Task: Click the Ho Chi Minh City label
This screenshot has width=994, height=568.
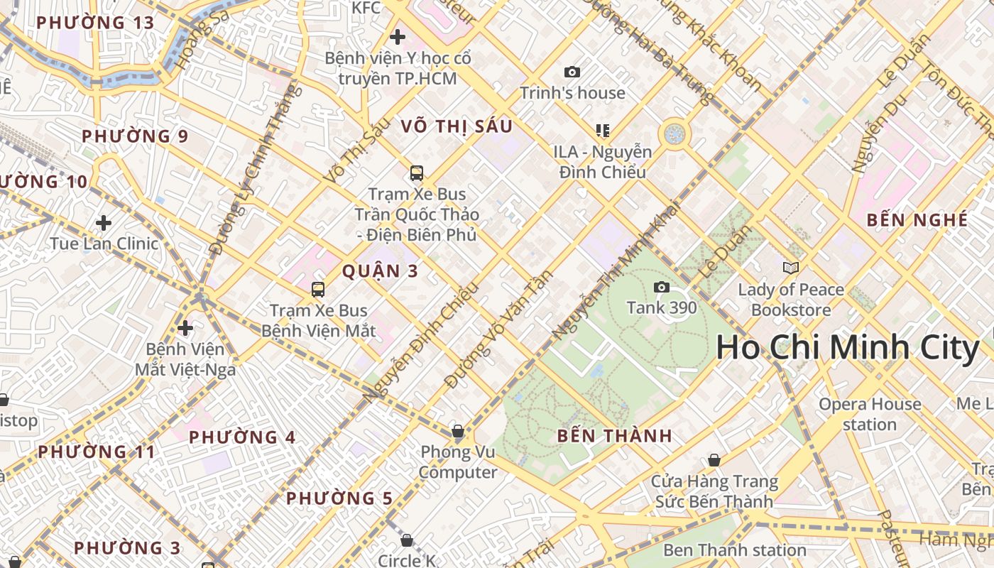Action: [x=847, y=349]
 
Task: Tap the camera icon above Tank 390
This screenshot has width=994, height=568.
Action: [x=662, y=287]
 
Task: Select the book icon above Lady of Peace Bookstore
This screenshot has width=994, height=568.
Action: [x=790, y=268]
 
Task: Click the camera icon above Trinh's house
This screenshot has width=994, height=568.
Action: [x=572, y=72]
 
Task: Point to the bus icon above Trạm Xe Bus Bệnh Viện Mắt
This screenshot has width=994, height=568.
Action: [x=317, y=289]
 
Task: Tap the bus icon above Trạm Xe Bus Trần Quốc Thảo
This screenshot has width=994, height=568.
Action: [x=416, y=173]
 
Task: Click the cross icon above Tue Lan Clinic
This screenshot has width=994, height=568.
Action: [x=104, y=223]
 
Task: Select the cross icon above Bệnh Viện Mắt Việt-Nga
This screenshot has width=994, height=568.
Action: [x=185, y=328]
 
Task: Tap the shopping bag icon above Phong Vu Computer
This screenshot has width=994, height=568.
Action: [x=458, y=431]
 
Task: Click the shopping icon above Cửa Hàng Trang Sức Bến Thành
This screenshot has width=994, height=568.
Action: [x=714, y=461]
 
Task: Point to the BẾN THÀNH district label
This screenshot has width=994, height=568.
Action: [x=614, y=436]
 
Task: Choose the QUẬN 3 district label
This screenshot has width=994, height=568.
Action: [x=380, y=271]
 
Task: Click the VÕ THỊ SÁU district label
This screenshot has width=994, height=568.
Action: [x=456, y=126]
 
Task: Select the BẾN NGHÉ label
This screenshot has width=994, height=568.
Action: [x=917, y=220]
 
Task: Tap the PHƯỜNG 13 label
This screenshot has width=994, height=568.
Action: [x=95, y=23]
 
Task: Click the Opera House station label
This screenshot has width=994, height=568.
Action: [x=870, y=414]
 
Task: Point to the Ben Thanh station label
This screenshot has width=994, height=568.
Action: [x=734, y=550]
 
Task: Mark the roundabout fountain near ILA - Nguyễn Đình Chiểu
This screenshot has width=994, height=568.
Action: [x=674, y=133]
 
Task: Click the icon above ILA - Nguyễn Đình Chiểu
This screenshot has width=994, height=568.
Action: [x=603, y=130]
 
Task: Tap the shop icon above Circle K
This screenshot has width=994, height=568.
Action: [x=407, y=540]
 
